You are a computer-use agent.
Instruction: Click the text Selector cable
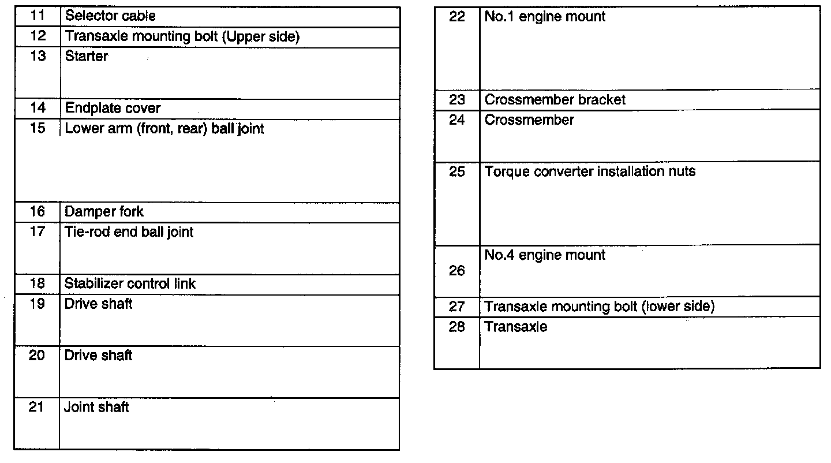coord(110,16)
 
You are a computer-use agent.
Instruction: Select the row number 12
coord(38,36)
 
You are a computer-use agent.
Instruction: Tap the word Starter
coord(86,57)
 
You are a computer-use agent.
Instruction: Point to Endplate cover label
coord(113,109)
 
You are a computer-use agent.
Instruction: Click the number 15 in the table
coord(38,128)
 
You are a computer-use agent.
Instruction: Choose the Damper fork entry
coord(104,212)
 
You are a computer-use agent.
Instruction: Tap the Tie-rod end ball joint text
coord(129,232)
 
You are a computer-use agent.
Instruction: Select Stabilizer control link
coord(130,284)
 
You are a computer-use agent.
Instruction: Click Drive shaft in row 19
coord(98,304)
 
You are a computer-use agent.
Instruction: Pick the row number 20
coord(37,356)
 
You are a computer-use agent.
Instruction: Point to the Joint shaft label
coord(96,408)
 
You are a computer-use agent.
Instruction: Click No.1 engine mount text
coord(545,17)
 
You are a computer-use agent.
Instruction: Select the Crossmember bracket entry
coord(555,100)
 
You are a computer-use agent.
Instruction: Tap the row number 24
coord(457,121)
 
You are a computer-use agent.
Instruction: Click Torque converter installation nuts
coord(590,171)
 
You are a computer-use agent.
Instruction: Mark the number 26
coord(457,271)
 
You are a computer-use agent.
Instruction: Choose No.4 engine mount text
coord(545,255)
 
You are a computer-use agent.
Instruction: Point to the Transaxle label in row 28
coord(516,327)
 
